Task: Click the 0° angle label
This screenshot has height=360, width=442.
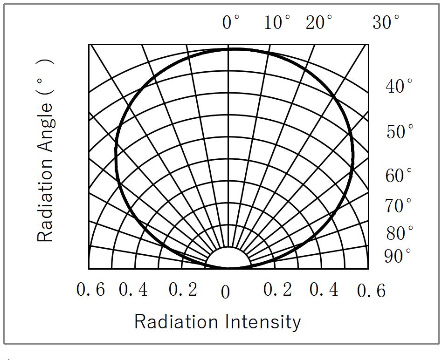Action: click(231, 22)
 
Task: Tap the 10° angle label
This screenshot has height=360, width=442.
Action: click(277, 22)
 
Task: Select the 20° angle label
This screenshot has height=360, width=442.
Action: click(319, 22)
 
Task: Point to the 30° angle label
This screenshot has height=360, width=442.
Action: click(386, 22)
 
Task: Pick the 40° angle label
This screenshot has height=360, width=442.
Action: click(399, 86)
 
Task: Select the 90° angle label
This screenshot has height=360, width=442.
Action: click(398, 256)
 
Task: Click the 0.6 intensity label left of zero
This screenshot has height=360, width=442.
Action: click(90, 290)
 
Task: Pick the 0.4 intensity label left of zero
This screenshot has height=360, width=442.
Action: click(133, 290)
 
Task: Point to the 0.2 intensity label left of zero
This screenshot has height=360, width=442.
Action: click(183, 290)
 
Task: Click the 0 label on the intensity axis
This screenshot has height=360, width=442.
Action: click(226, 293)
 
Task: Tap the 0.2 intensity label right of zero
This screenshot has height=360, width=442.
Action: click(278, 290)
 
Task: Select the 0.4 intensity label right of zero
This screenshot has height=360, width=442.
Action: click(324, 290)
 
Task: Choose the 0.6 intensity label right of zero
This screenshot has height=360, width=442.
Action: click(372, 291)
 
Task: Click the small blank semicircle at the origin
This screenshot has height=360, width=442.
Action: click(228, 259)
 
